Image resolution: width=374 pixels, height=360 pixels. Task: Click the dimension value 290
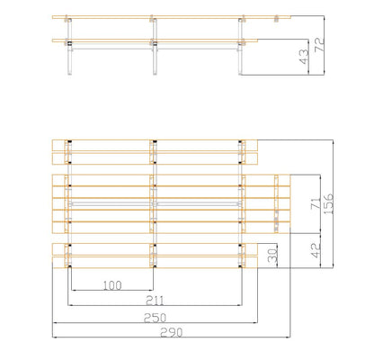171,332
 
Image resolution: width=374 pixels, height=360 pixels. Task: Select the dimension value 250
155,318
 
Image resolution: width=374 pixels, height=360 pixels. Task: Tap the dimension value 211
155,301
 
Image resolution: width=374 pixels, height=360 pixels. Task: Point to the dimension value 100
112,285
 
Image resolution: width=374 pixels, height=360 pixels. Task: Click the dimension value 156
328,203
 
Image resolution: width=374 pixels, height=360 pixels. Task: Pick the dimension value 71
315,203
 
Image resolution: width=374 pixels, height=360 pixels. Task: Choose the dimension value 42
316,250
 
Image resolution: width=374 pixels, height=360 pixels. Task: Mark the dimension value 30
272,255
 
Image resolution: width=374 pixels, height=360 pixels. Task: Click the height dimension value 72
319,45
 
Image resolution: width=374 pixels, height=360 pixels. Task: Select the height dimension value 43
304,57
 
